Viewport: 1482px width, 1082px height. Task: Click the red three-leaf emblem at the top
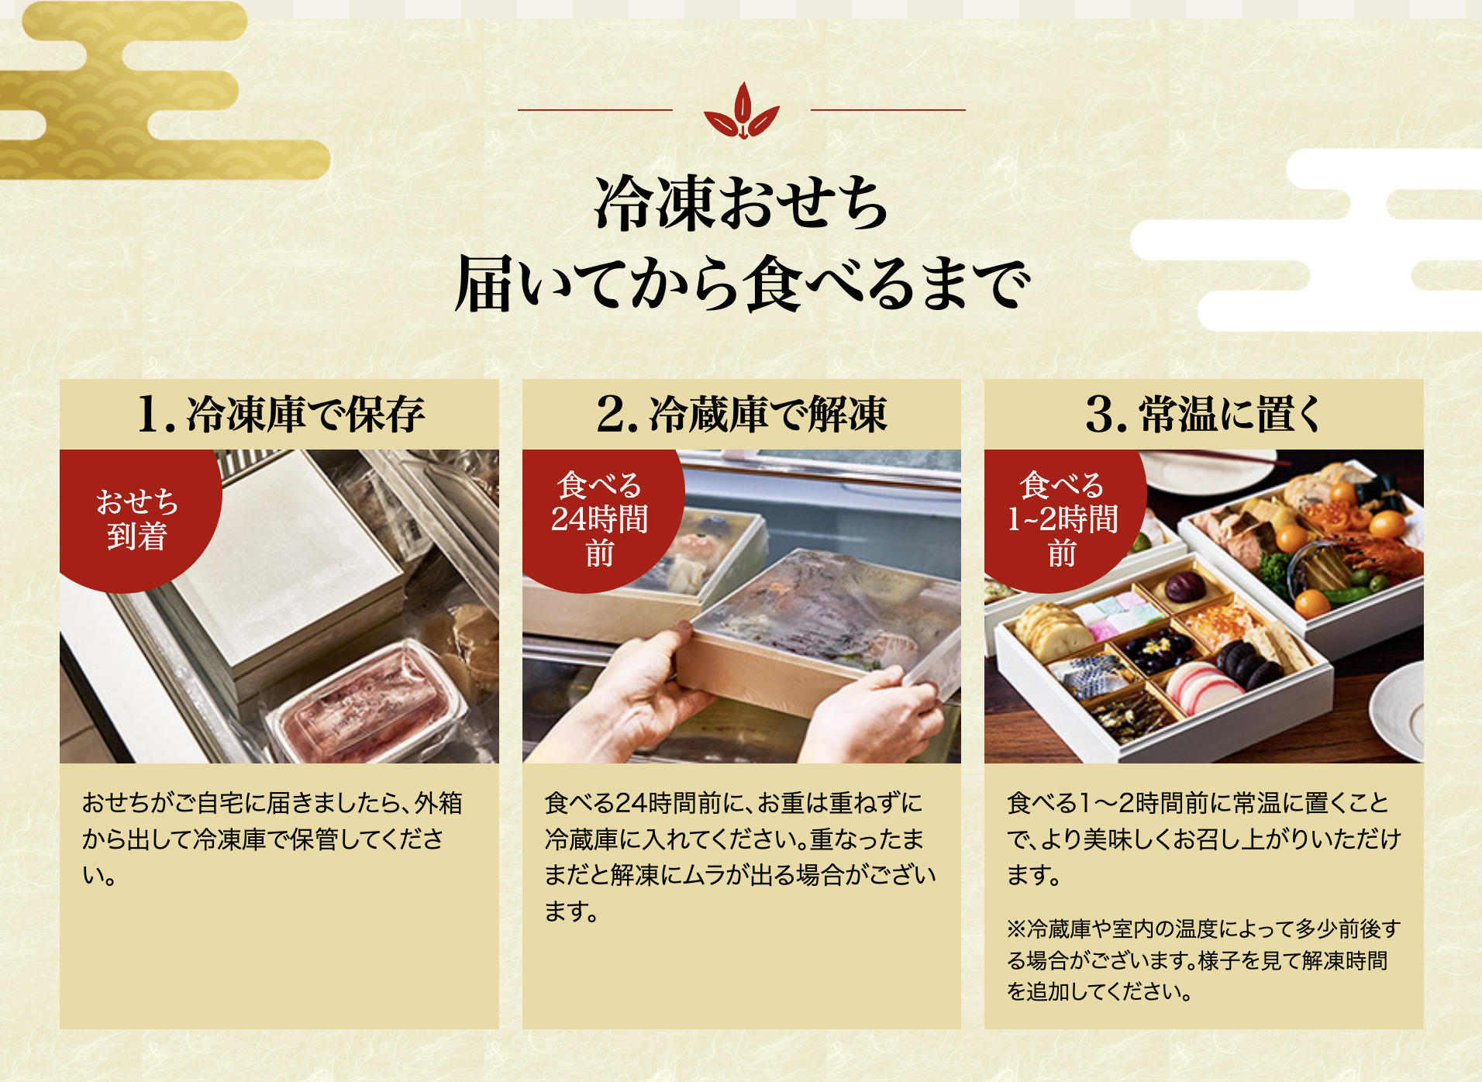(x=742, y=111)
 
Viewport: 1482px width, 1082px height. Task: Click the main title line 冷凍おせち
(x=742, y=203)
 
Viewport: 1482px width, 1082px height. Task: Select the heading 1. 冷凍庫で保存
(x=280, y=414)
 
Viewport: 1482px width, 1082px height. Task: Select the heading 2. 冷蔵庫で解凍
(x=742, y=414)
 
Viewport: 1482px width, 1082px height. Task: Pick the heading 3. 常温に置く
(x=1204, y=414)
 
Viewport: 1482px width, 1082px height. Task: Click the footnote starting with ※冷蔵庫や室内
(x=1204, y=960)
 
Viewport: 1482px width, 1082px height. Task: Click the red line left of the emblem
(x=595, y=110)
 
